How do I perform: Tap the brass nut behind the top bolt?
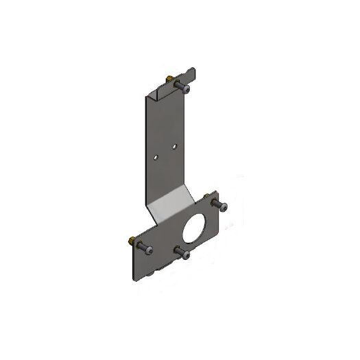(x=169, y=77)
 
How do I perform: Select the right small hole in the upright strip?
(x=174, y=147)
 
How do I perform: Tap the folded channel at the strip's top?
(x=163, y=89)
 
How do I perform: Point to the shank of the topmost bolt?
(x=179, y=84)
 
